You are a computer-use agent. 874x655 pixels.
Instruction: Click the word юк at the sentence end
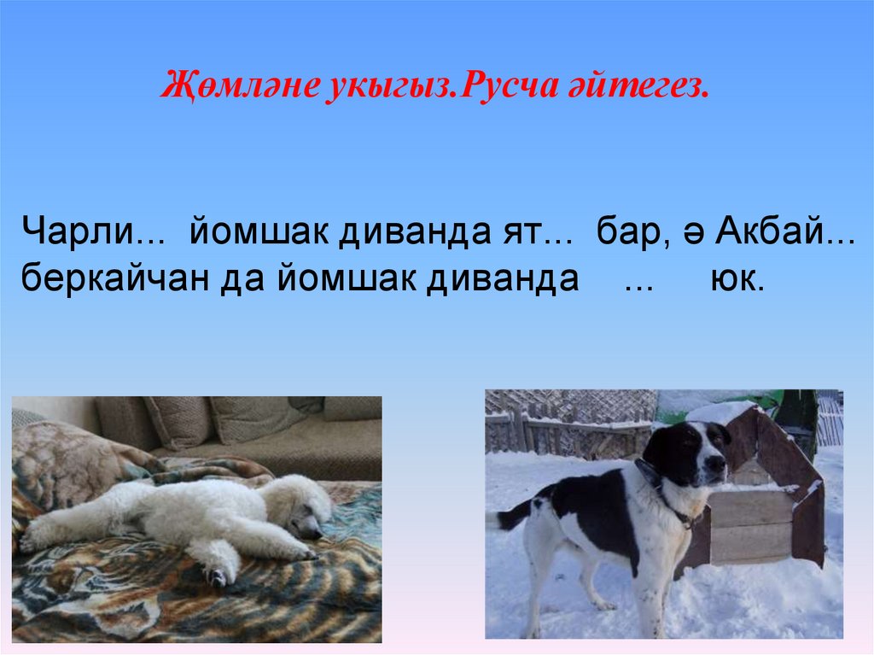[x=736, y=279]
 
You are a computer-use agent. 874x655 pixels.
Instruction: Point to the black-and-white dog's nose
[x=722, y=464]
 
